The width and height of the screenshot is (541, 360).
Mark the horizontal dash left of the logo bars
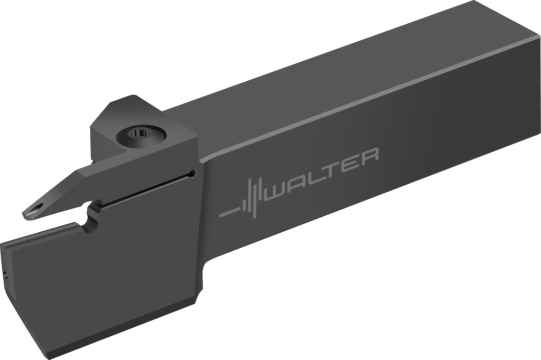point(229,214)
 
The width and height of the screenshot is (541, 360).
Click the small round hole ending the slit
point(192,173)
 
